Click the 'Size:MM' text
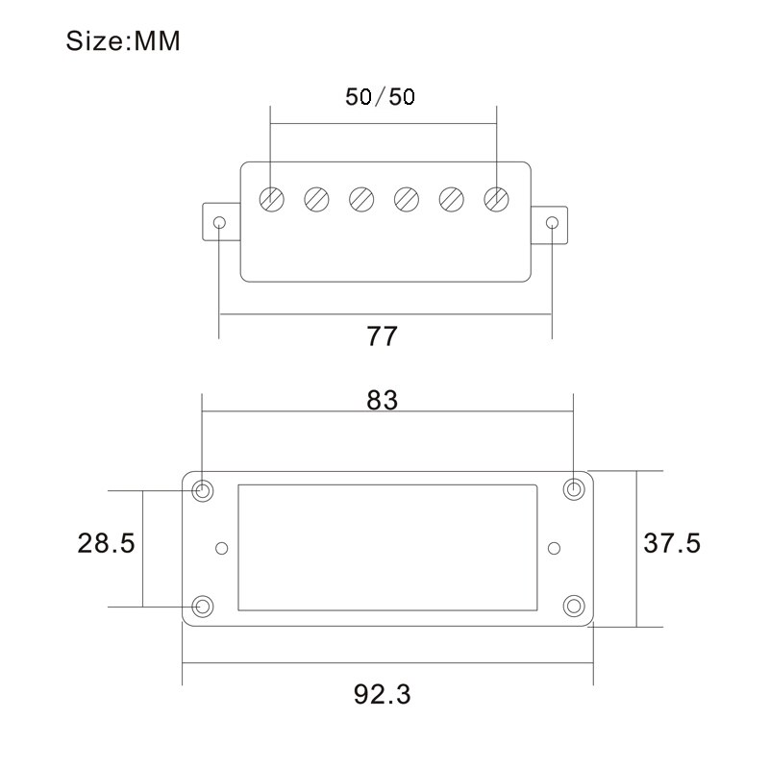pos(122,42)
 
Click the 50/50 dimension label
pos(380,97)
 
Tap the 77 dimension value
pos(382,336)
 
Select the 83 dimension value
pos(382,401)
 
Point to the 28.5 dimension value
pos(106,543)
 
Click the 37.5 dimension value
pos(672,543)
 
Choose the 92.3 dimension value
pos(382,693)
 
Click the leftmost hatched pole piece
pos(272,199)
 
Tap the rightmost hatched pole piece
pos(497,199)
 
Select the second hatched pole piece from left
pos(316,199)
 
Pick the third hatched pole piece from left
pos(361,199)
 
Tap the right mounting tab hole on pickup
pos(552,223)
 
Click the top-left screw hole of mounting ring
pos(203,490)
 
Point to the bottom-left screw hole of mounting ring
pos(203,606)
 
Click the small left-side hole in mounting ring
pos(222,548)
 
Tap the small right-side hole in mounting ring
pos(553,548)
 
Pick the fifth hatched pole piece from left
pos(452,199)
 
